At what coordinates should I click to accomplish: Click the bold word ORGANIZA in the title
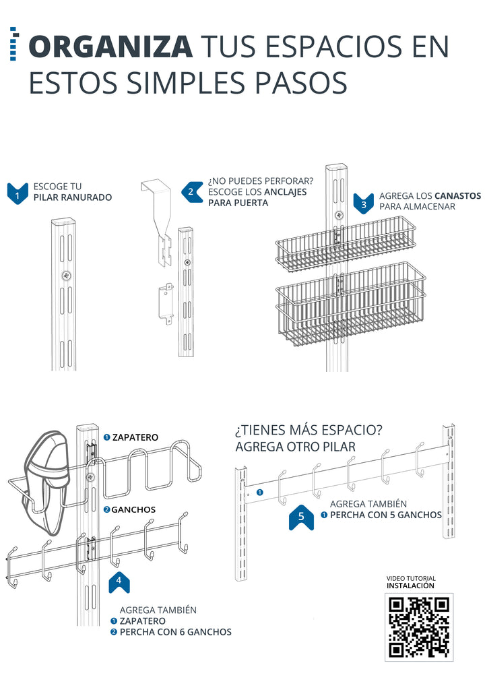tap(110, 46)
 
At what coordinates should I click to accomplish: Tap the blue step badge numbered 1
tap(18, 193)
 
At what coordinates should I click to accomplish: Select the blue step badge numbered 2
tap(191, 191)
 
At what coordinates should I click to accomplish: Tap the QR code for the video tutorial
tap(419, 627)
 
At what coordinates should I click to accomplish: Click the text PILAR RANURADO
tap(72, 197)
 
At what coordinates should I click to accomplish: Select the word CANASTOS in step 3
tap(457, 195)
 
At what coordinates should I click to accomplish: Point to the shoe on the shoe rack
tap(47, 472)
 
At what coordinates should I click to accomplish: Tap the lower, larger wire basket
tap(350, 303)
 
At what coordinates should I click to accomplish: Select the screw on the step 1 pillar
tap(65, 275)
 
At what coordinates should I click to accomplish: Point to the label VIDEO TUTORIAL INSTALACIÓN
tap(411, 582)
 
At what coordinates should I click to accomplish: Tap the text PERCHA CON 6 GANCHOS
tap(175, 632)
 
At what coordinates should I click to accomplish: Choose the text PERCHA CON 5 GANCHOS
tap(385, 515)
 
